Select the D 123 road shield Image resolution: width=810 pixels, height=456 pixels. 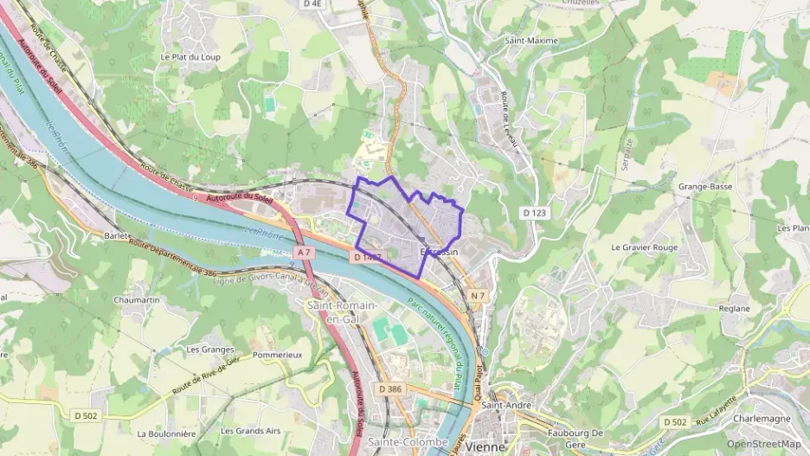534,212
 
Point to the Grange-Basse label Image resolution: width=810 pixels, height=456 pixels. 705,186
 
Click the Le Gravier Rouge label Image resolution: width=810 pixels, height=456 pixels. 644,247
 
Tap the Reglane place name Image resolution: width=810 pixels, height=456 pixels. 735,308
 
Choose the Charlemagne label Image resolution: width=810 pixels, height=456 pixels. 762,419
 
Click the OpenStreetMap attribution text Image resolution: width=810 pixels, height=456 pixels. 763,444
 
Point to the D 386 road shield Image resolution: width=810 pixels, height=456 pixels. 390,389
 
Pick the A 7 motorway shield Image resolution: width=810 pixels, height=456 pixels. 301,252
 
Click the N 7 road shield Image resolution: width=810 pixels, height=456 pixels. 478,296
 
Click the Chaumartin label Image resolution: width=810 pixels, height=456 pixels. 137,299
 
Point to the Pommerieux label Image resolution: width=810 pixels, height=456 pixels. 278,356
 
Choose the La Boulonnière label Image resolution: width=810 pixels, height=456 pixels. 166,433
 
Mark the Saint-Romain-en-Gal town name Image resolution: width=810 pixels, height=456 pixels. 342,311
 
